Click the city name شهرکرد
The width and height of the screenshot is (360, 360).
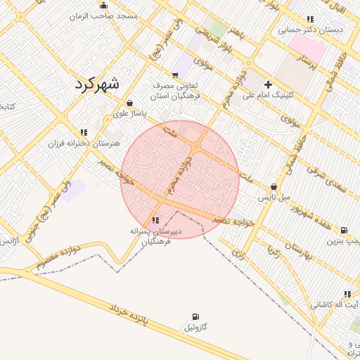click(96, 83)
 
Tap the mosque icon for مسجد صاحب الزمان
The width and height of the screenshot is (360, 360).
click(104, 6)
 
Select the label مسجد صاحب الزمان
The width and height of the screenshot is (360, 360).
click(102, 15)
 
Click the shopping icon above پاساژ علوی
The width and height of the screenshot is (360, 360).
click(131, 103)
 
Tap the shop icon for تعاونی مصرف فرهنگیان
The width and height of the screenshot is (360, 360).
click(175, 75)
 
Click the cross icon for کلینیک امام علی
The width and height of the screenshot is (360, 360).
click(268, 84)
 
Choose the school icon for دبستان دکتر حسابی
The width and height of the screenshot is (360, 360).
click(311, 19)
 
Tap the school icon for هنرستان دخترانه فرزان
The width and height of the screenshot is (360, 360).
click(84, 131)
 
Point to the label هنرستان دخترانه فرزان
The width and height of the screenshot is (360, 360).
click(84, 143)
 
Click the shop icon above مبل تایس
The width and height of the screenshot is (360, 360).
click(274, 187)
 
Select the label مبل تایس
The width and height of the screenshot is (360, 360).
click(273, 198)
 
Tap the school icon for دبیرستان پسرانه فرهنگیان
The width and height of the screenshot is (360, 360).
click(155, 221)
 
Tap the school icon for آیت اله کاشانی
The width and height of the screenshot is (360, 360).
click(347, 294)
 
